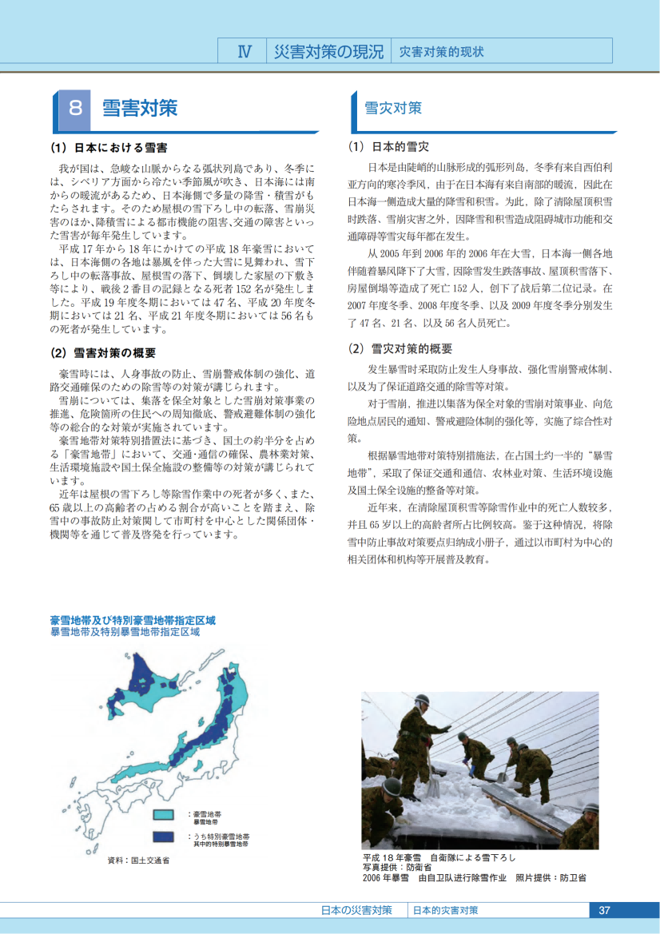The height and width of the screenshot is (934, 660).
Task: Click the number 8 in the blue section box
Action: [x=76, y=109]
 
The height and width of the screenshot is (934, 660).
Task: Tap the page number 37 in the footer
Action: [x=604, y=910]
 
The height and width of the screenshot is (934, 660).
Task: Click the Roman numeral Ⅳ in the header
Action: [x=245, y=52]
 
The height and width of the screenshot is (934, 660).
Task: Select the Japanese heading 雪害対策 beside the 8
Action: [x=140, y=108]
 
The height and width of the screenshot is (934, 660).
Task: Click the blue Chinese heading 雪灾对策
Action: [x=393, y=108]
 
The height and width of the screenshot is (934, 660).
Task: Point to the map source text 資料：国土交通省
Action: [x=138, y=860]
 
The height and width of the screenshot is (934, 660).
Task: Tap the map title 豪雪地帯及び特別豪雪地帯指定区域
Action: [x=133, y=620]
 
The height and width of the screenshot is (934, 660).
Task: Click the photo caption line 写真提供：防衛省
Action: [x=397, y=867]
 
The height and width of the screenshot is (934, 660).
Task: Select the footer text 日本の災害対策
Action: [x=356, y=910]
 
